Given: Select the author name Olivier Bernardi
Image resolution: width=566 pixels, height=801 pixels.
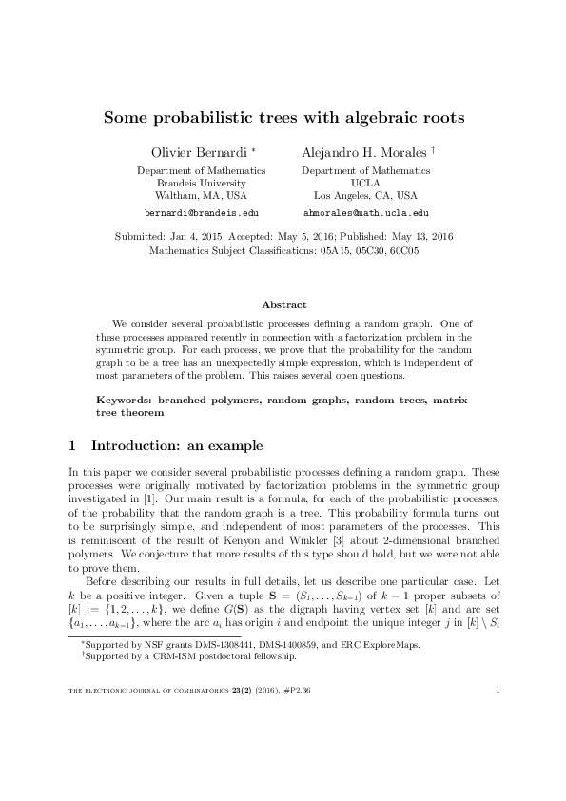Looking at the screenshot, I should click(200, 152).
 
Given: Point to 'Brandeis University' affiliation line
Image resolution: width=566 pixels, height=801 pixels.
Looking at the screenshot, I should click(202, 183).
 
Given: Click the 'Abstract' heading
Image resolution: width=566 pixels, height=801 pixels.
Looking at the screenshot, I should click(283, 304).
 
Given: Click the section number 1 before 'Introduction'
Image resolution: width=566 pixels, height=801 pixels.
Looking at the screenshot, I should click(74, 444).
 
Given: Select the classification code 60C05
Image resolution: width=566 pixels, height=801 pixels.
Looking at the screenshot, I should click(402, 251).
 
